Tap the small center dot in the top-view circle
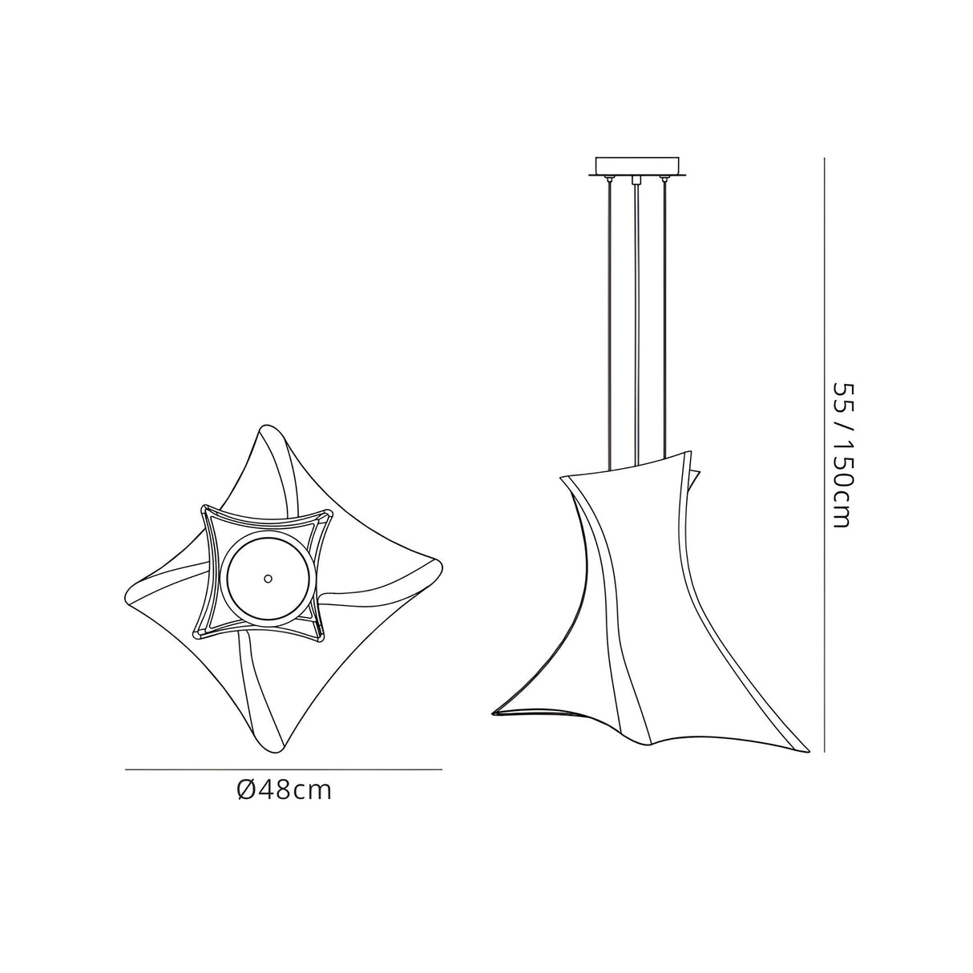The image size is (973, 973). point(268,578)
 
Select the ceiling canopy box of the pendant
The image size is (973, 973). point(638,168)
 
